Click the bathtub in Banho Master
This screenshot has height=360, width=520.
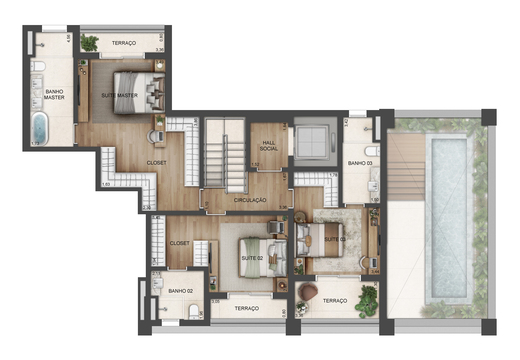pyautogui.click(x=41, y=128)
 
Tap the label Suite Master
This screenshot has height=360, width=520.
pyautogui.click(x=120, y=95)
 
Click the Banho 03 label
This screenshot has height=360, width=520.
pyautogui.click(x=359, y=162)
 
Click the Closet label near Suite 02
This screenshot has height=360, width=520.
pyautogui.click(x=180, y=242)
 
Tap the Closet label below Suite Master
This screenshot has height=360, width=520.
pyautogui.click(x=155, y=162)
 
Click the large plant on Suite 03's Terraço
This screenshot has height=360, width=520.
pyautogui.click(x=368, y=297)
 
